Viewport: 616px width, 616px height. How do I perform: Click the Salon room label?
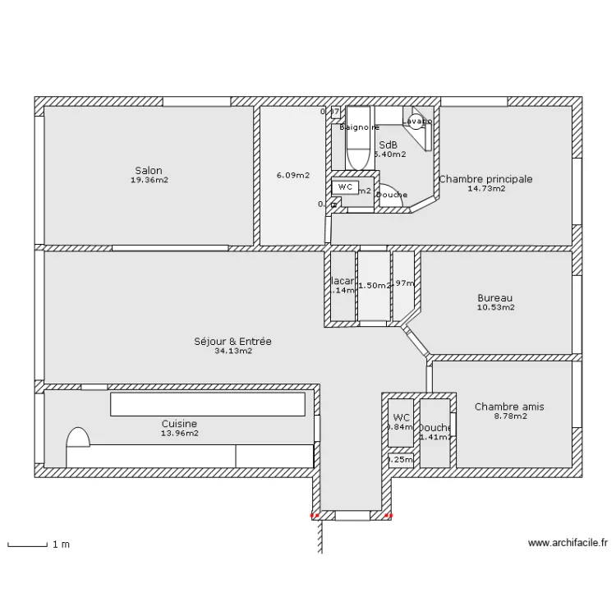[149, 171]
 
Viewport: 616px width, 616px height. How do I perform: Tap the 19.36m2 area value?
[149, 180]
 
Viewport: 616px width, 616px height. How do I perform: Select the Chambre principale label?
[485, 179]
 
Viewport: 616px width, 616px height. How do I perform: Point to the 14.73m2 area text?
[485, 188]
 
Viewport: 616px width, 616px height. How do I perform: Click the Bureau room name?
[495, 298]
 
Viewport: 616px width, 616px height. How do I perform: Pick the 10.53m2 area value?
[495, 308]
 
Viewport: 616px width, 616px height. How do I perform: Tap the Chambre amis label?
[509, 407]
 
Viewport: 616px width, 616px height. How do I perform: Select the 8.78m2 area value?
[509, 416]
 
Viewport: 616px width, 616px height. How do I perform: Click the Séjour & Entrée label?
[232, 342]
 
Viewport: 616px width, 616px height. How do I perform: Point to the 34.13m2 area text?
[232, 351]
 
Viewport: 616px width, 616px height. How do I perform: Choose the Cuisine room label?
[179, 424]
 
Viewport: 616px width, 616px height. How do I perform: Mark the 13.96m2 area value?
[179, 433]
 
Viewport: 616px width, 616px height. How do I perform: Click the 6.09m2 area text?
[293, 175]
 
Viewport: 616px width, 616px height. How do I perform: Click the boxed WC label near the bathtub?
[345, 187]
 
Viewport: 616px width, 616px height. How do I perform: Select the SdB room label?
[388, 145]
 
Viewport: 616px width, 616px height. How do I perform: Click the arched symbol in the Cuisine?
[77, 438]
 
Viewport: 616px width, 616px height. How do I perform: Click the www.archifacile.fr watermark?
[568, 543]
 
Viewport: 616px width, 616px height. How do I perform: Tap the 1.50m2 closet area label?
[373, 286]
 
